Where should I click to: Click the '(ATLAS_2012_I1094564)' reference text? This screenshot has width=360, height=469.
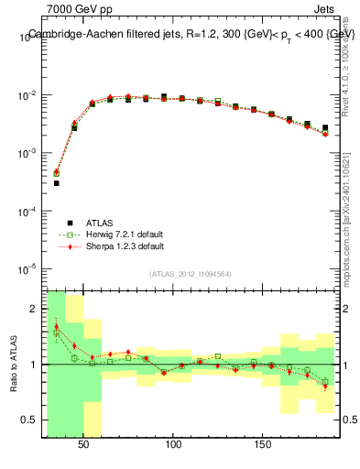click(191, 273)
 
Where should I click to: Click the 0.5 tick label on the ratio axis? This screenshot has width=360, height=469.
click(31, 420)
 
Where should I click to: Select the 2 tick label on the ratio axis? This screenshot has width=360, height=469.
click(35, 309)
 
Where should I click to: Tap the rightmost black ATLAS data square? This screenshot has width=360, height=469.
click(325, 127)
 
